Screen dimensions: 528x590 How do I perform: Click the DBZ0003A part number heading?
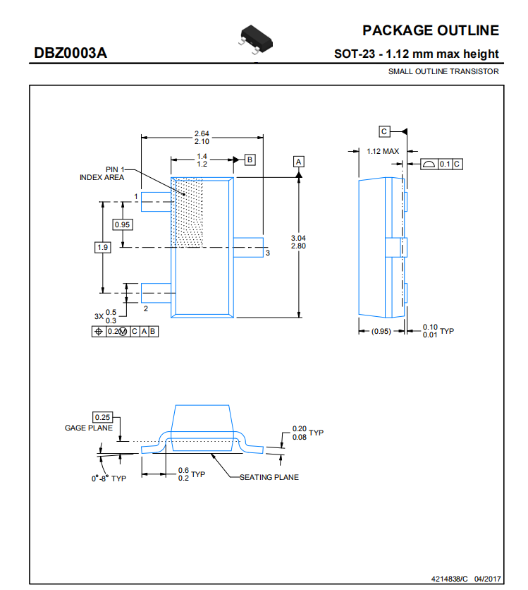(70, 53)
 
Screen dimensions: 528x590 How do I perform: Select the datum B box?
(250, 160)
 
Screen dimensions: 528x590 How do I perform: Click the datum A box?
(299, 162)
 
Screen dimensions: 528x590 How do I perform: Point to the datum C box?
(384, 131)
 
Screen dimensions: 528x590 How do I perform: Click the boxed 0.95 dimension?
(123, 224)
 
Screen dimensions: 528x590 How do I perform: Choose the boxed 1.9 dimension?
(103, 247)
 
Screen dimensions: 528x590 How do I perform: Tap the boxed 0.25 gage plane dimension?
(103, 417)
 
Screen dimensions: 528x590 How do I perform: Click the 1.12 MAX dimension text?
(383, 151)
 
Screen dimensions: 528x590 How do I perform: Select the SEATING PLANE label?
(269, 477)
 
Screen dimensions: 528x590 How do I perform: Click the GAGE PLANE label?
(89, 428)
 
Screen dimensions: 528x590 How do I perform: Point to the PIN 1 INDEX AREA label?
(102, 174)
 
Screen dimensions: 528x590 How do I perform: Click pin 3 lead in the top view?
(248, 248)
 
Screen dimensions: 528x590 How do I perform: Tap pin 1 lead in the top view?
(156, 202)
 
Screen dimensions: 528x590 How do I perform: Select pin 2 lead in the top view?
(156, 293)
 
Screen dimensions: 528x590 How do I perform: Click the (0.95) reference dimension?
(381, 331)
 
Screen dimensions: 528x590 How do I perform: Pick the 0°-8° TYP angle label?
(109, 478)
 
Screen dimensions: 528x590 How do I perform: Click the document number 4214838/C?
(450, 579)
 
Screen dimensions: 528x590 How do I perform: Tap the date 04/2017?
(487, 579)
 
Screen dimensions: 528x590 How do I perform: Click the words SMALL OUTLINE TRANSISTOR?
(443, 71)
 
